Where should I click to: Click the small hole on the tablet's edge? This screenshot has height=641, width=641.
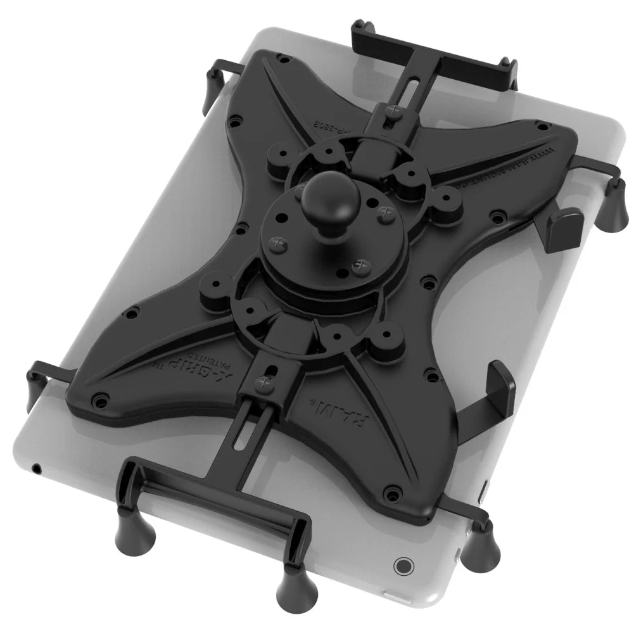click(x=37, y=469)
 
